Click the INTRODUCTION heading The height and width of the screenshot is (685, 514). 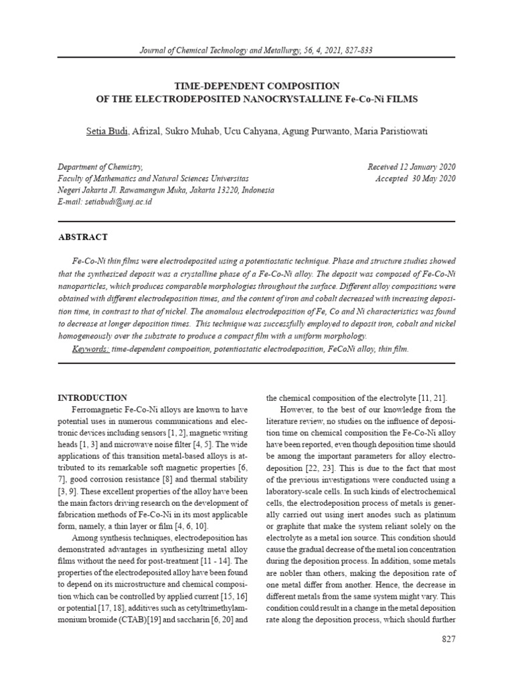pos(92,397)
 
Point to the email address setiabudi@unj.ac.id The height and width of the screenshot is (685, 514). pos(118,201)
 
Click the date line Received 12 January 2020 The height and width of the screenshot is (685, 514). pos(412,167)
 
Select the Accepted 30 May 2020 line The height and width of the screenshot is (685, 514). pos(416,178)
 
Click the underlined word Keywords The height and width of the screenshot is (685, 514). pos(90,349)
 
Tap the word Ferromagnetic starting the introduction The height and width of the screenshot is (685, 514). pos(101,409)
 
